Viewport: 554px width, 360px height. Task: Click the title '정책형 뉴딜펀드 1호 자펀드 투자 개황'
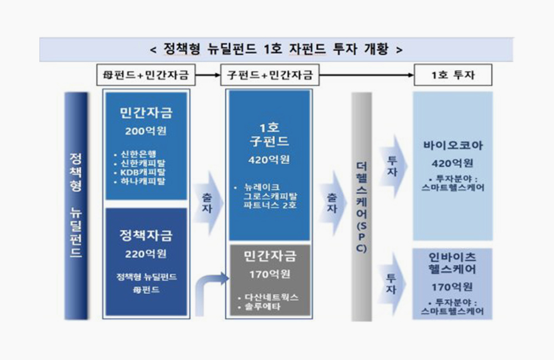(276, 49)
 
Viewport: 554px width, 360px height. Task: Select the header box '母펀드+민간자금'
(146, 75)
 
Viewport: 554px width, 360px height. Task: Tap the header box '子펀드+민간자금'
(270, 75)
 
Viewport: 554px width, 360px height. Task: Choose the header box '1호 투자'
(453, 75)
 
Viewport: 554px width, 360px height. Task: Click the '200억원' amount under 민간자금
(146, 131)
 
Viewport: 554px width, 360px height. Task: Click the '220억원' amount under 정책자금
(146, 254)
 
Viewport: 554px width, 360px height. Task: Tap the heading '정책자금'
(146, 235)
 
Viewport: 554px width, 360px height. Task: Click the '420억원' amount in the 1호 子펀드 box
(269, 160)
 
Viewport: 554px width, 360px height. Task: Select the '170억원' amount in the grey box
(270, 274)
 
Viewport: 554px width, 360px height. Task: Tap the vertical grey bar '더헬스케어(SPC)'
(361, 207)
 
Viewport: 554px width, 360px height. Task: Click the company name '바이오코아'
(453, 145)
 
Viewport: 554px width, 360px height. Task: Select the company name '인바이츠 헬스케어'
(452, 263)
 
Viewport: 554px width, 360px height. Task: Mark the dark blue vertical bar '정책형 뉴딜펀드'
(76, 206)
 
